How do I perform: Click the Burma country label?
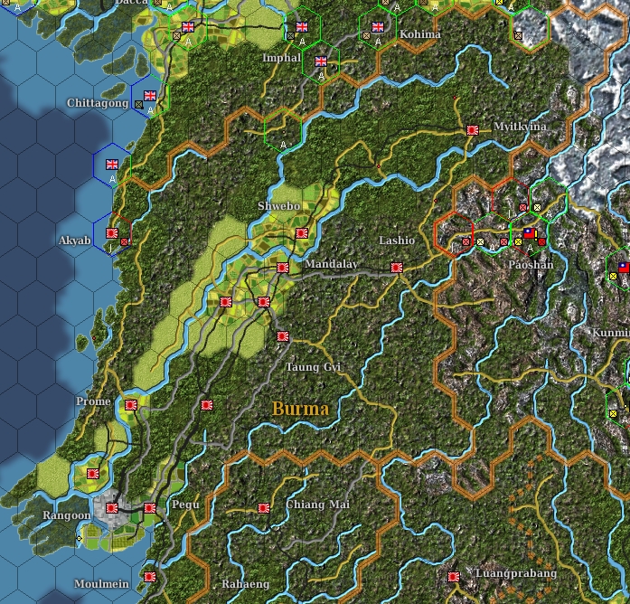point(300,409)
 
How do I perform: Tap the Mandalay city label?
point(331,264)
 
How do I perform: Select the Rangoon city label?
point(67,515)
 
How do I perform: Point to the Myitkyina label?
point(520,127)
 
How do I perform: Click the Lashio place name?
point(397,241)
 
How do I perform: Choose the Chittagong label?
point(98,104)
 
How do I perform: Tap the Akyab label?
point(74,241)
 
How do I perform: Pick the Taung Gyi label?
point(313,367)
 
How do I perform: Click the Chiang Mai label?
point(317,505)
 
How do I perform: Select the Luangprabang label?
point(516,573)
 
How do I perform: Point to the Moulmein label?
point(101,584)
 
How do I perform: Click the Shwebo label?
point(278,206)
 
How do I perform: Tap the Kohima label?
point(420,34)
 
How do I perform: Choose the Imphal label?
point(280,57)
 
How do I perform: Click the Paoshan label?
point(530,265)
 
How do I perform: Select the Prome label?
point(94,401)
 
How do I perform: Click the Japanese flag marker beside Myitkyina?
point(472,130)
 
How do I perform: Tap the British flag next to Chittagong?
point(150,94)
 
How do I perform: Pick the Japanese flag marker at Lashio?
point(396,268)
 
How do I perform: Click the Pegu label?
point(185,505)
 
